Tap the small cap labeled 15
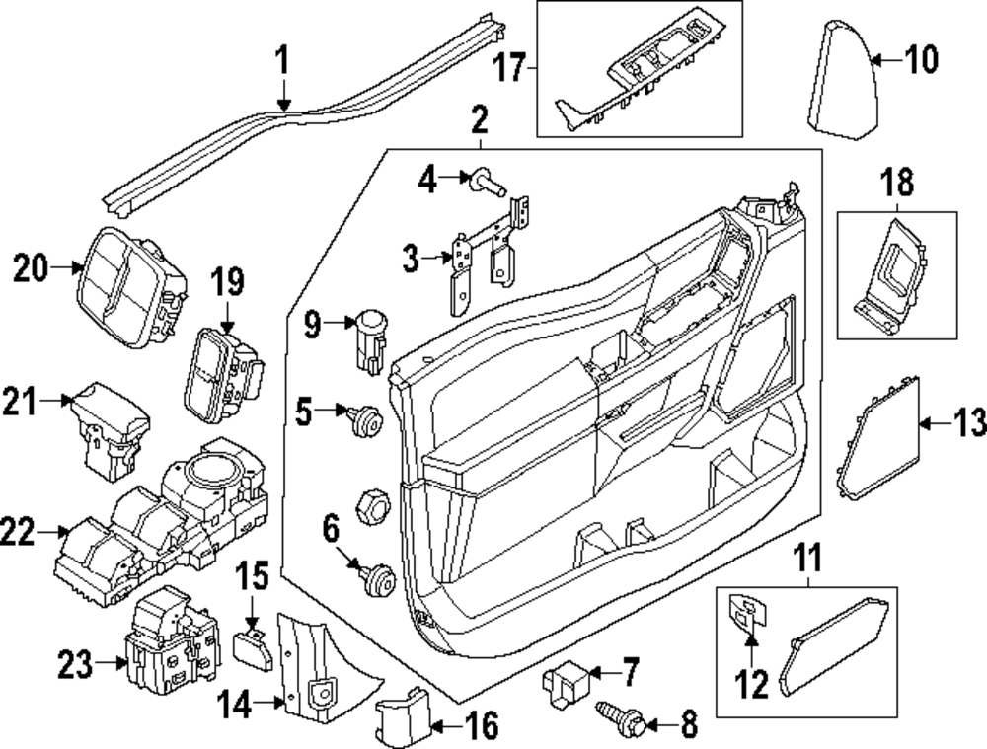(248, 648)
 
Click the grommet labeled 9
(370, 338)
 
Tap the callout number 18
(896, 184)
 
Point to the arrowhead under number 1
(283, 103)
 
